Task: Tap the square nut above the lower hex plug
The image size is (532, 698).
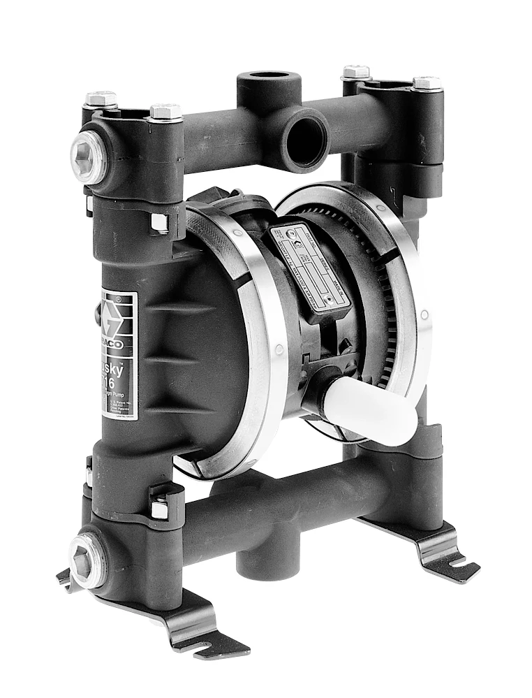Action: click(159, 507)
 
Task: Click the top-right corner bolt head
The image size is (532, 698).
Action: click(427, 82)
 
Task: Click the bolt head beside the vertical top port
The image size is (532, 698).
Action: click(355, 72)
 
